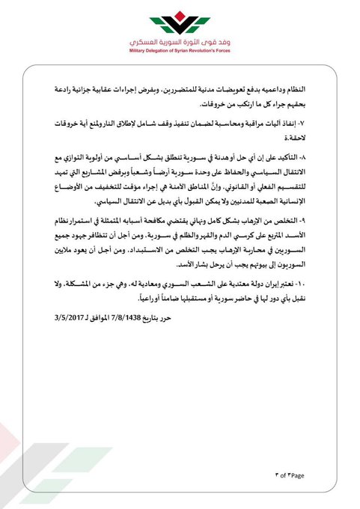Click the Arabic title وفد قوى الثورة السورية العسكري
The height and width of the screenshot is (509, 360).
180,41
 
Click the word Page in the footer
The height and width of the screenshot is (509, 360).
299,475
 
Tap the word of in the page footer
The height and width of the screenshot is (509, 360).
283,475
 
